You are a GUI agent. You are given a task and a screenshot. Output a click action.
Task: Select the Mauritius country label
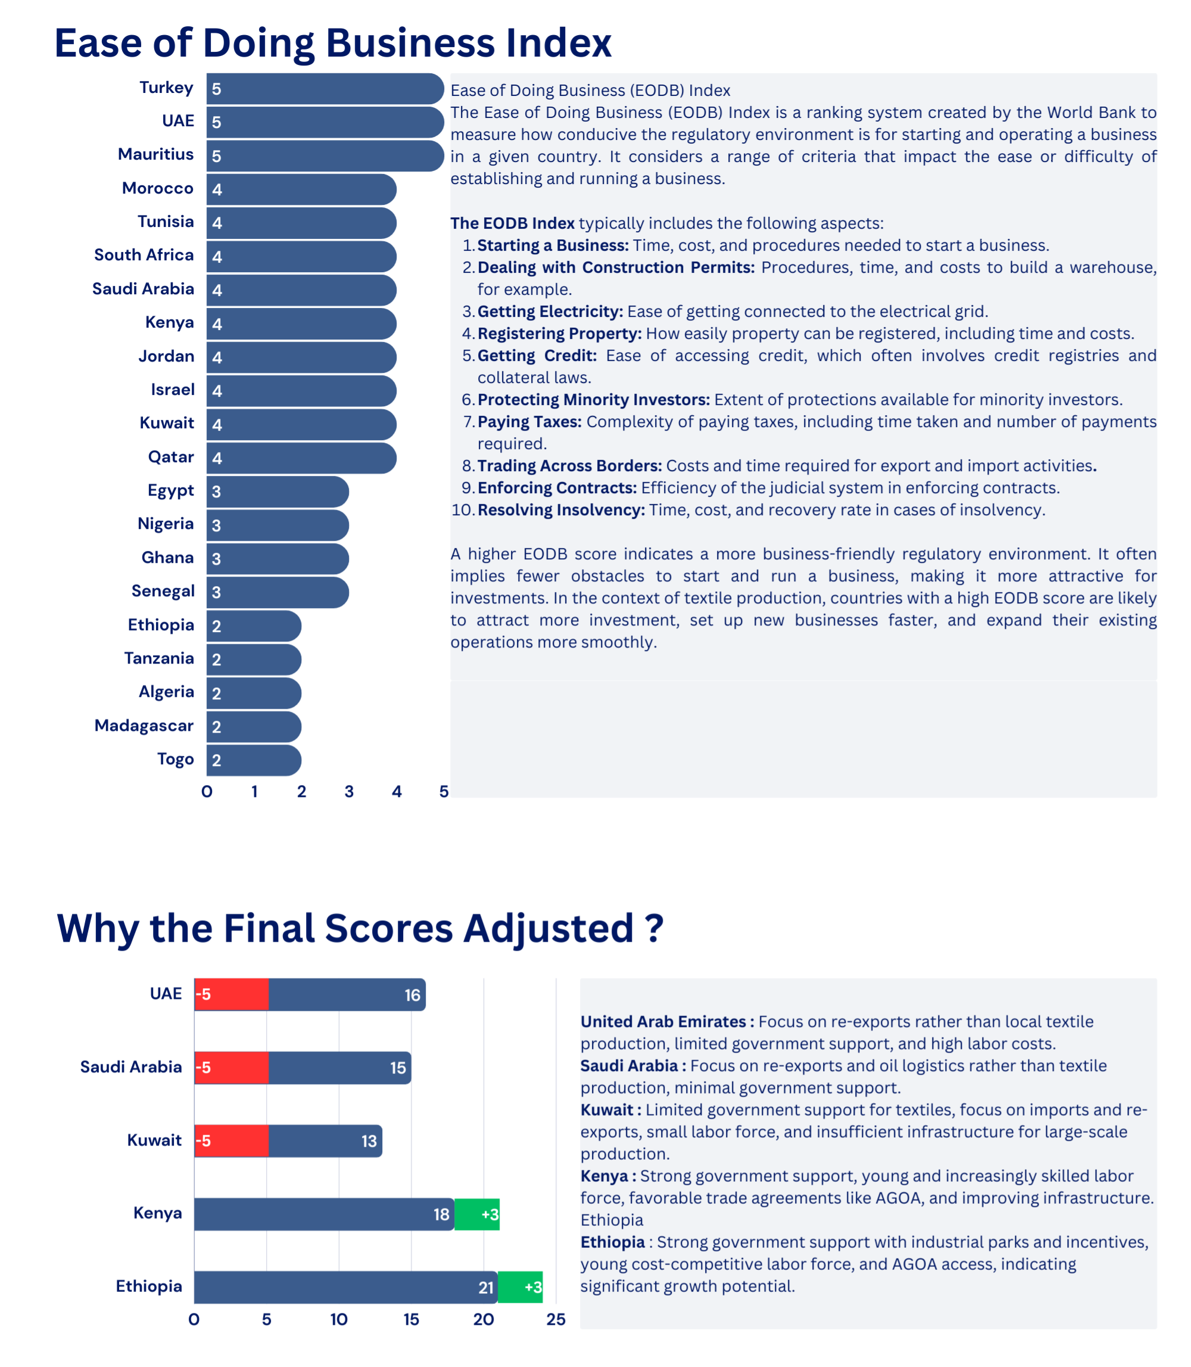pos(155,154)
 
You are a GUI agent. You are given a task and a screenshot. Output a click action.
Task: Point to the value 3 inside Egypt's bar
pos(216,492)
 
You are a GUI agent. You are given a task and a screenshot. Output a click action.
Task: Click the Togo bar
pos(253,760)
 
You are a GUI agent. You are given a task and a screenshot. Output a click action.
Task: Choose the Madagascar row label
pos(144,725)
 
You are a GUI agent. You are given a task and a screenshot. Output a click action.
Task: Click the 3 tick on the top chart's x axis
pos(349,791)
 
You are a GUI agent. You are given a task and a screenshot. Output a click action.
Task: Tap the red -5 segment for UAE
pos(231,995)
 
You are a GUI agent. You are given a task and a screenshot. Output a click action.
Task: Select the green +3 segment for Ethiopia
pos(520,1287)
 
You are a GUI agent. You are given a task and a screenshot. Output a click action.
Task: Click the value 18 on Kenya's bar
pos(441,1215)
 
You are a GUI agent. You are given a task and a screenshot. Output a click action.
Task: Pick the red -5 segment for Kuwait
pos(231,1141)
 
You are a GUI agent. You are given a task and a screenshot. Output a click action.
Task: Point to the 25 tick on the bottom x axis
pos(556,1320)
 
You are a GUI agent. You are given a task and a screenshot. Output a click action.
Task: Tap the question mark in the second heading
pos(654,928)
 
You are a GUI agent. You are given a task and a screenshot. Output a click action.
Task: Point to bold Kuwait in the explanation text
pos(606,1110)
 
